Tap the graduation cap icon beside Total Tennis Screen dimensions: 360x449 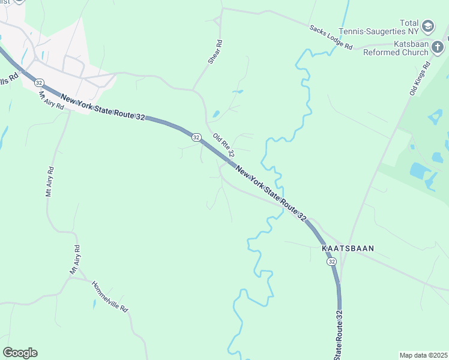tap(427, 26)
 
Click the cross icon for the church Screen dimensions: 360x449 tap(441, 47)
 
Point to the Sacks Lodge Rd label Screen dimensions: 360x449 tap(331, 37)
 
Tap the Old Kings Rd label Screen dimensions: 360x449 tap(420, 78)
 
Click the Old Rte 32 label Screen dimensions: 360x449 tap(223, 145)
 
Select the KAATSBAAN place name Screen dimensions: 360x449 tap(343, 248)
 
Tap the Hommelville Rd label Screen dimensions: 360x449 tap(110, 296)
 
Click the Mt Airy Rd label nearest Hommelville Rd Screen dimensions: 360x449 tap(75, 260)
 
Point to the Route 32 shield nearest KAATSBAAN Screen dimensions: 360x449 tap(331, 262)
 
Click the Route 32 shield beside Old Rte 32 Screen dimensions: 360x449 tap(196, 137)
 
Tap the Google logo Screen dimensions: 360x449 tap(20, 353)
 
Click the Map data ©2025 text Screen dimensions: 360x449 tap(423, 355)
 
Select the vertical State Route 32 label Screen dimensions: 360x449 tap(339, 335)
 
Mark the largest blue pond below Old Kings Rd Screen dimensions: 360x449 tap(420, 170)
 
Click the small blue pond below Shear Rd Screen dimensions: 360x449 tap(215, 113)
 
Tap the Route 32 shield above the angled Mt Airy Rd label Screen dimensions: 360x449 tap(38, 82)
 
